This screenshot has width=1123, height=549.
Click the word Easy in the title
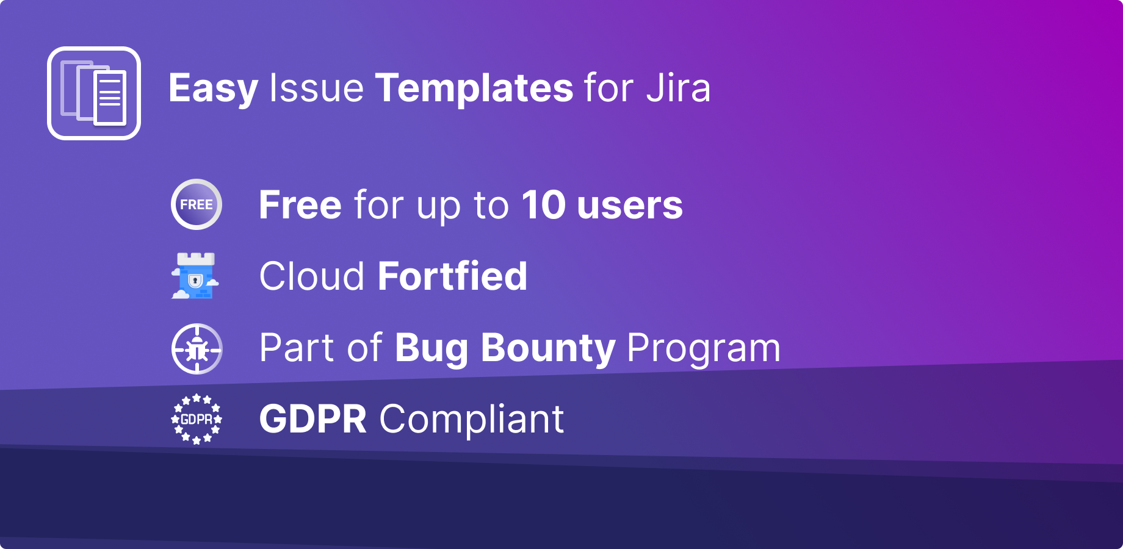(x=213, y=88)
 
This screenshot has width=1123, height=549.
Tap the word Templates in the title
(x=474, y=88)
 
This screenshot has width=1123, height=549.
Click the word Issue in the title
(x=316, y=88)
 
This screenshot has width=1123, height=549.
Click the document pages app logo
(x=94, y=93)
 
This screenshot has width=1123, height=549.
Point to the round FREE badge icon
(x=197, y=204)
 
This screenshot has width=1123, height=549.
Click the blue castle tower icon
(x=195, y=276)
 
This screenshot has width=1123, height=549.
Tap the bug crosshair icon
(x=197, y=349)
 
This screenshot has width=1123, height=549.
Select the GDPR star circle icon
(x=197, y=419)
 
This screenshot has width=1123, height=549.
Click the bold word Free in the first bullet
(x=300, y=205)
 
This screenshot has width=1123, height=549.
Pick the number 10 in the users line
(x=543, y=205)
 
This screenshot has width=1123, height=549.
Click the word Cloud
(x=312, y=276)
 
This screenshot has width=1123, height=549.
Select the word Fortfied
(x=452, y=276)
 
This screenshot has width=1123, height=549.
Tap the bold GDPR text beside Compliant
(x=313, y=419)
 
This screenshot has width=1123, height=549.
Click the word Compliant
(x=472, y=419)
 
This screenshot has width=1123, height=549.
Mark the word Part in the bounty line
(x=297, y=348)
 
